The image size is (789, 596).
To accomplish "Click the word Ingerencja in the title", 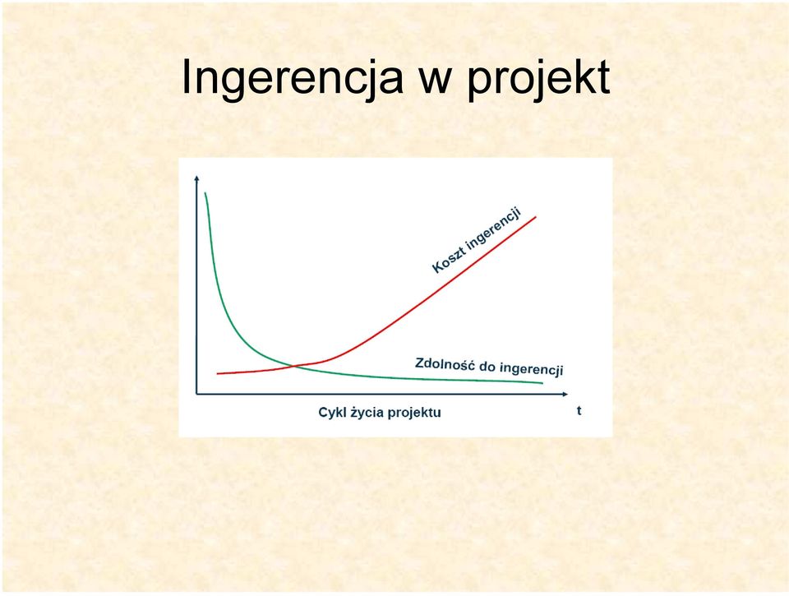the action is coord(292,78).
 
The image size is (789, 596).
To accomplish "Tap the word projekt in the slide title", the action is coord(538,78).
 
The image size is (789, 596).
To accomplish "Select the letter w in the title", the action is coord(435,81).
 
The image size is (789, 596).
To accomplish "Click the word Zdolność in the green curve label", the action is coord(444,364).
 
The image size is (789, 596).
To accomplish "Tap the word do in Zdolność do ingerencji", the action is coord(487,367).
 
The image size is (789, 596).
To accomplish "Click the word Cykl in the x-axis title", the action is coord(330,412).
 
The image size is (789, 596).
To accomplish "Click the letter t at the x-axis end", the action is coord(579,411).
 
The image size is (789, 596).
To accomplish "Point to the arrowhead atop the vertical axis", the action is coord(196,178).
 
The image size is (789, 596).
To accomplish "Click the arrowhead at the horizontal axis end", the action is coord(565,394).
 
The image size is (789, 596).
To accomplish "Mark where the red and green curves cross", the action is coord(294,366).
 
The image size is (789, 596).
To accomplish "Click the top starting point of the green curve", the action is coord(205,193).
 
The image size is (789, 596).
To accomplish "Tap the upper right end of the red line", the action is coord(536,217).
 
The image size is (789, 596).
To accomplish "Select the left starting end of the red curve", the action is coord(217,373).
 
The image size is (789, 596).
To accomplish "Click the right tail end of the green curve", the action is coord(542,383).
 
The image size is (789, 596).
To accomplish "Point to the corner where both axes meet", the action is coord(196,394).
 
